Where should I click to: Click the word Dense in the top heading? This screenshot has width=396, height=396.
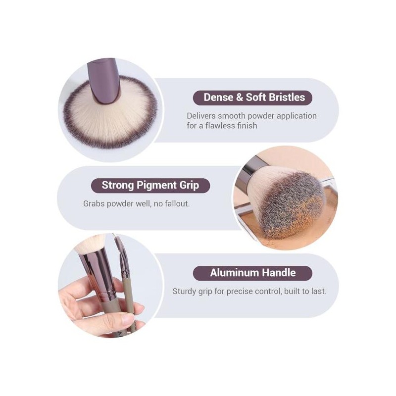coord(218,98)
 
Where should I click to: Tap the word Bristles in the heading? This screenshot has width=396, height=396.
coord(287,98)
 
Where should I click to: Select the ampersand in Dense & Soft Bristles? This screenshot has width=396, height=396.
coord(240,98)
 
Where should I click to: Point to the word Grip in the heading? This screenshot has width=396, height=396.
coord(189,186)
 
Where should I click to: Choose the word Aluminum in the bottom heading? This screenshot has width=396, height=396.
coord(235,273)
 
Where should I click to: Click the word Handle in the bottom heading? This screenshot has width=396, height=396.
coord(279,273)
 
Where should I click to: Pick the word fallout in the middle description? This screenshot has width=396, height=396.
coord(177,203)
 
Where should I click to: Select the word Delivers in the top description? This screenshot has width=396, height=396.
coord(201,116)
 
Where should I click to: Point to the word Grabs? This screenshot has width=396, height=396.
coord(94,203)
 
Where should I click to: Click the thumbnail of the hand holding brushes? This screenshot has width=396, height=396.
coord(110,286)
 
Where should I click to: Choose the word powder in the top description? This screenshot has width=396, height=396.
coord(261,116)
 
